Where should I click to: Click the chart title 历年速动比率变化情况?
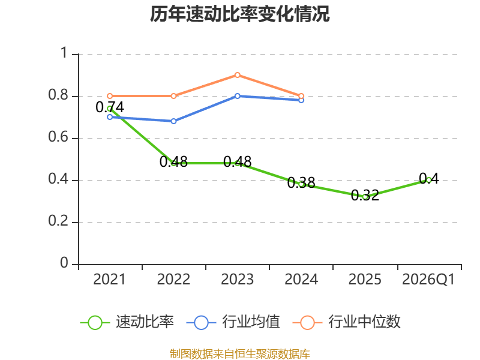click(239, 14)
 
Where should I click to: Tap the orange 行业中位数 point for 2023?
click(237, 75)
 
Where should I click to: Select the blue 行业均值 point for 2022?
click(173, 121)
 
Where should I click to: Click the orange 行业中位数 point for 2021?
click(110, 96)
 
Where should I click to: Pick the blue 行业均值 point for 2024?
click(301, 100)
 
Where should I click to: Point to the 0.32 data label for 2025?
click(365, 196)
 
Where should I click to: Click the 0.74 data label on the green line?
click(110, 107)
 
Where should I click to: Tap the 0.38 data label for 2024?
click(301, 183)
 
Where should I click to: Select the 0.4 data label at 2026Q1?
click(428, 178)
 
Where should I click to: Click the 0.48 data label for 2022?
click(173, 161)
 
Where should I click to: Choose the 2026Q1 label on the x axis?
click(428, 279)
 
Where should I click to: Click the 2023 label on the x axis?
click(237, 279)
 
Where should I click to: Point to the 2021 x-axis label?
click(110, 279)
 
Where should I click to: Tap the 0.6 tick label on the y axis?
click(58, 137)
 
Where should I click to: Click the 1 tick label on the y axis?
click(64, 53)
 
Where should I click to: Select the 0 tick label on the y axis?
click(64, 263)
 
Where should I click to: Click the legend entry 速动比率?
click(127, 322)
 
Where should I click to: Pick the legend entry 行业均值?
click(233, 322)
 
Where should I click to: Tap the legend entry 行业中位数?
click(347, 322)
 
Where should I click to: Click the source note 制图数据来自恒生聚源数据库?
click(240, 354)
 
